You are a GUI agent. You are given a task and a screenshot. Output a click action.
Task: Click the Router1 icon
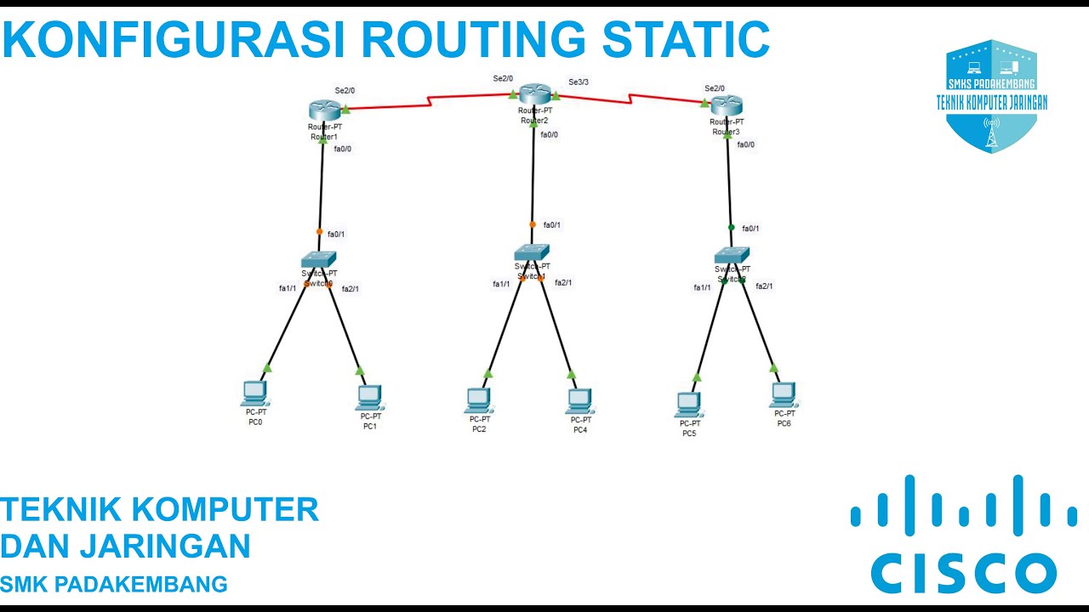[x=324, y=109]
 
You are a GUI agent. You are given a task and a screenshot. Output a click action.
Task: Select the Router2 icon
[x=535, y=94]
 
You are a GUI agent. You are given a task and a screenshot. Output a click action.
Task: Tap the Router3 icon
[x=727, y=105]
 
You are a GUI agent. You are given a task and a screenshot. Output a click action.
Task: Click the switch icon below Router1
[x=319, y=258]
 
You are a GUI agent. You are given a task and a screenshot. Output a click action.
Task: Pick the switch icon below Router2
[x=532, y=252]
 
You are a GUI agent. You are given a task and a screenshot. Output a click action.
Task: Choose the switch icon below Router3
[x=732, y=254]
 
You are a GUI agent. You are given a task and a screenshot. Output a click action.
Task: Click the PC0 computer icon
[x=254, y=393]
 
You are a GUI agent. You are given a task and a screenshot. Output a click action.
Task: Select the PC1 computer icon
[x=369, y=396]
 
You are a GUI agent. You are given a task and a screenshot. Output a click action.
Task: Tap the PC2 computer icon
[x=479, y=399]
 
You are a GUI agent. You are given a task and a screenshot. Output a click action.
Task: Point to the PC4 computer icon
[x=579, y=399]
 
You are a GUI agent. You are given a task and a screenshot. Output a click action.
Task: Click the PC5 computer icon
[x=688, y=404]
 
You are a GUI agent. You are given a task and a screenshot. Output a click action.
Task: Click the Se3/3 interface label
[x=579, y=82]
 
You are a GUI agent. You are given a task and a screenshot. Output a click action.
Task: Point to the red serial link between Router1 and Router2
[x=430, y=101]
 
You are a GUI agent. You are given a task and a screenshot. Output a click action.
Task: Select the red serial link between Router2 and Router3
[x=631, y=100]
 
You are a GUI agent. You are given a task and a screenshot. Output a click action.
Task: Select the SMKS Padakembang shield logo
[x=991, y=95]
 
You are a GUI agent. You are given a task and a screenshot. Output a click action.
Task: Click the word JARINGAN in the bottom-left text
[x=165, y=546]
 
